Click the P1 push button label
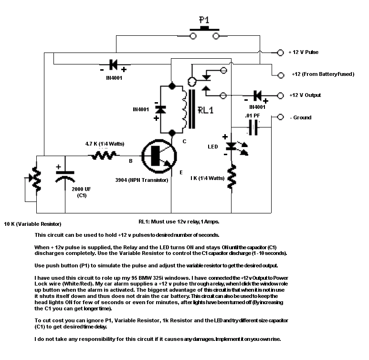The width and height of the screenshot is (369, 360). click(204, 20)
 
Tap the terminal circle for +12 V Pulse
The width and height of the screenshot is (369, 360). click(280, 53)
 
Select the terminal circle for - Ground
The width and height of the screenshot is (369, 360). click(280, 117)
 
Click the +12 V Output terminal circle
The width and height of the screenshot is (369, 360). click(280, 95)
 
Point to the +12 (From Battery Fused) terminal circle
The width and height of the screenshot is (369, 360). click(281, 75)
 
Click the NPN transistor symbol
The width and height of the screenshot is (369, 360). click(159, 156)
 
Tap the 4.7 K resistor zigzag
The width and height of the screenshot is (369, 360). click(104, 155)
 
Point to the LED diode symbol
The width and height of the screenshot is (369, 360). click(232, 147)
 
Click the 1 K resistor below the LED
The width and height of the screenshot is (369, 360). click(232, 177)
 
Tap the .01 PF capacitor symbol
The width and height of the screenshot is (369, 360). click(253, 127)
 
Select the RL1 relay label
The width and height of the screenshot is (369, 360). click(205, 110)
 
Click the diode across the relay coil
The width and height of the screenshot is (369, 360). click(160, 110)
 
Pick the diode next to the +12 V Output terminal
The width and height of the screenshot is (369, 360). click(258, 95)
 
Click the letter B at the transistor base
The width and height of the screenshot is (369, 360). click(131, 161)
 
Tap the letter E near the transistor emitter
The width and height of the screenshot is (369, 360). click(181, 172)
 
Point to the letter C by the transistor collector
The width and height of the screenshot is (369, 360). click(184, 141)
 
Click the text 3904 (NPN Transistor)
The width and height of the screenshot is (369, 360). click(142, 180)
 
